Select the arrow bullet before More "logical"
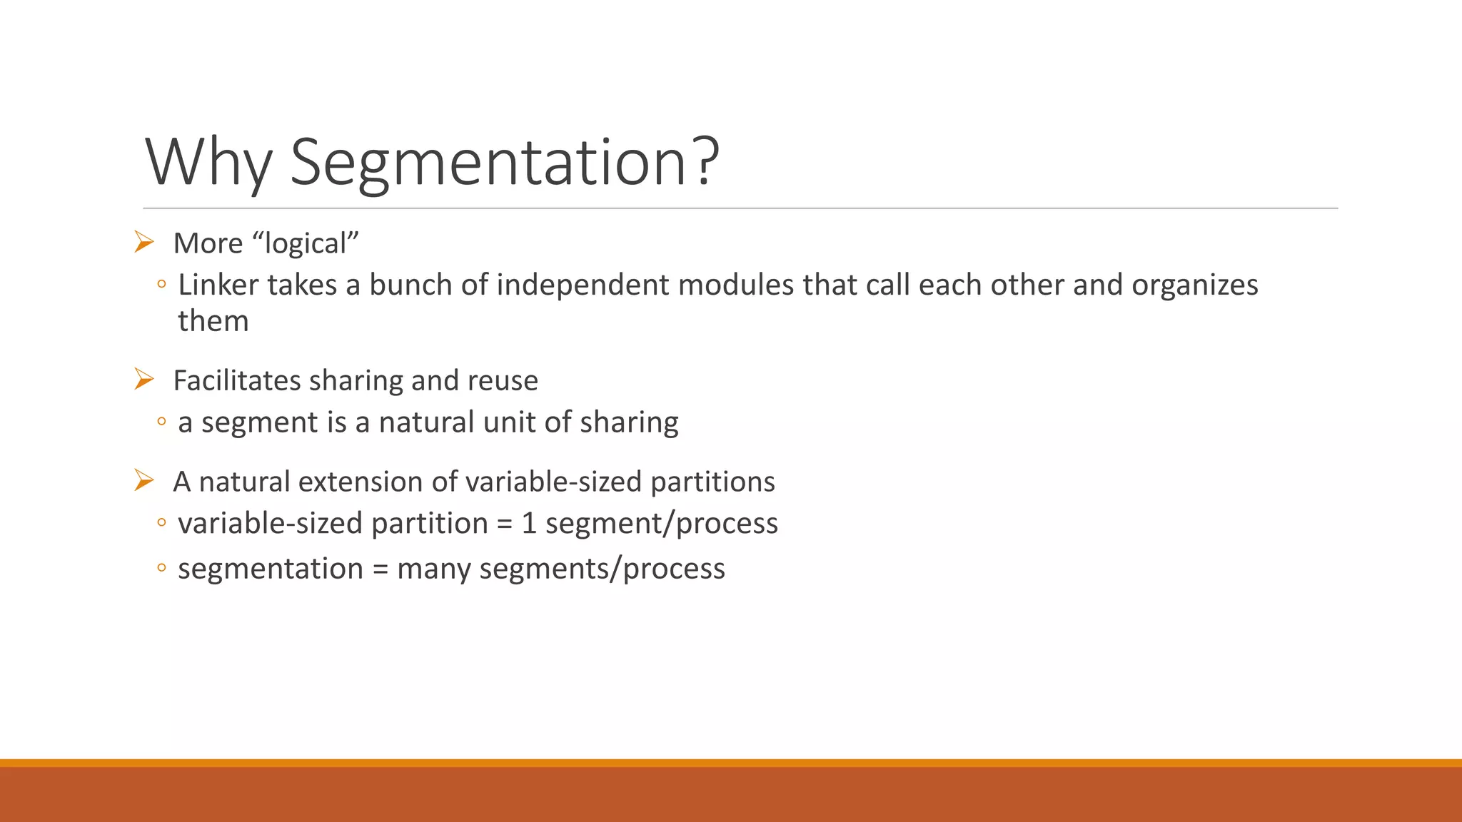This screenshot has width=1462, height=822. click(143, 243)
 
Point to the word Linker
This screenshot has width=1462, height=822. click(218, 285)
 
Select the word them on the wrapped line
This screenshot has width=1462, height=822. click(213, 321)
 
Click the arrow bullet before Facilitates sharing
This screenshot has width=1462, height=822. click(143, 380)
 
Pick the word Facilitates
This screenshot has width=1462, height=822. click(237, 380)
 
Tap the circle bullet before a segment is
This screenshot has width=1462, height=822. click(162, 422)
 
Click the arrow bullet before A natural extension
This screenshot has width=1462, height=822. click(143, 481)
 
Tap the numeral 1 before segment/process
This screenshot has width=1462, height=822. click(528, 523)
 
